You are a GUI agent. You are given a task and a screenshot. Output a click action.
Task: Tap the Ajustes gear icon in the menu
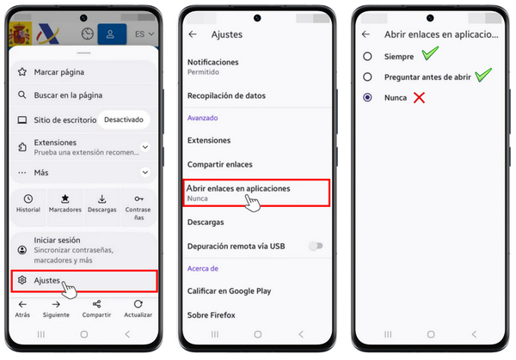22,280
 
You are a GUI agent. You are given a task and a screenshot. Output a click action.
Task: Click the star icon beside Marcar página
22,71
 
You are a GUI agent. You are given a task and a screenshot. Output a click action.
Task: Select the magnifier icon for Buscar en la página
22,95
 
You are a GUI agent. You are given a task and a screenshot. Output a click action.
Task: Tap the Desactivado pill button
124,119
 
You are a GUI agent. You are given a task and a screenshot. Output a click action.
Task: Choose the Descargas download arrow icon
102,198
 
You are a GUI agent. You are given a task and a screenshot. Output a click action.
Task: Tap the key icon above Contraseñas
138,198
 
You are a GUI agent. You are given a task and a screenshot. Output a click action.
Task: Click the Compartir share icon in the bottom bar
96,304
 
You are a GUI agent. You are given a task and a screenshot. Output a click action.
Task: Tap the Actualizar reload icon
138,304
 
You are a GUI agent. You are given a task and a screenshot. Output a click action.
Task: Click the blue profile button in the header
112,34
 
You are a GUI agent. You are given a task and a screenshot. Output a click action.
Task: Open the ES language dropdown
144,34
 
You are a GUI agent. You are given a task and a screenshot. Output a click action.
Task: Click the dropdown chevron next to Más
145,173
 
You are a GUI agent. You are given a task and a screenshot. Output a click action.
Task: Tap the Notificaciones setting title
213,62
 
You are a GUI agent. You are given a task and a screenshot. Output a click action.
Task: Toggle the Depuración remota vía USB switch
316,246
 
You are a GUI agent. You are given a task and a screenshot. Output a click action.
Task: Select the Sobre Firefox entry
212,315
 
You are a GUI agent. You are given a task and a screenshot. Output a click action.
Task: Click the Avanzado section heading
202,118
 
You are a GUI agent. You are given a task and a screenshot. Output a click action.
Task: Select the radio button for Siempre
367,57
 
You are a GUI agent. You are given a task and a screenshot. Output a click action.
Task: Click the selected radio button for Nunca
367,97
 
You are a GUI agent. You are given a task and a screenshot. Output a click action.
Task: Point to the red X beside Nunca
420,98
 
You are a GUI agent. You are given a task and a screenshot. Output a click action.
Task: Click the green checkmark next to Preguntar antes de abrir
483,75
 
